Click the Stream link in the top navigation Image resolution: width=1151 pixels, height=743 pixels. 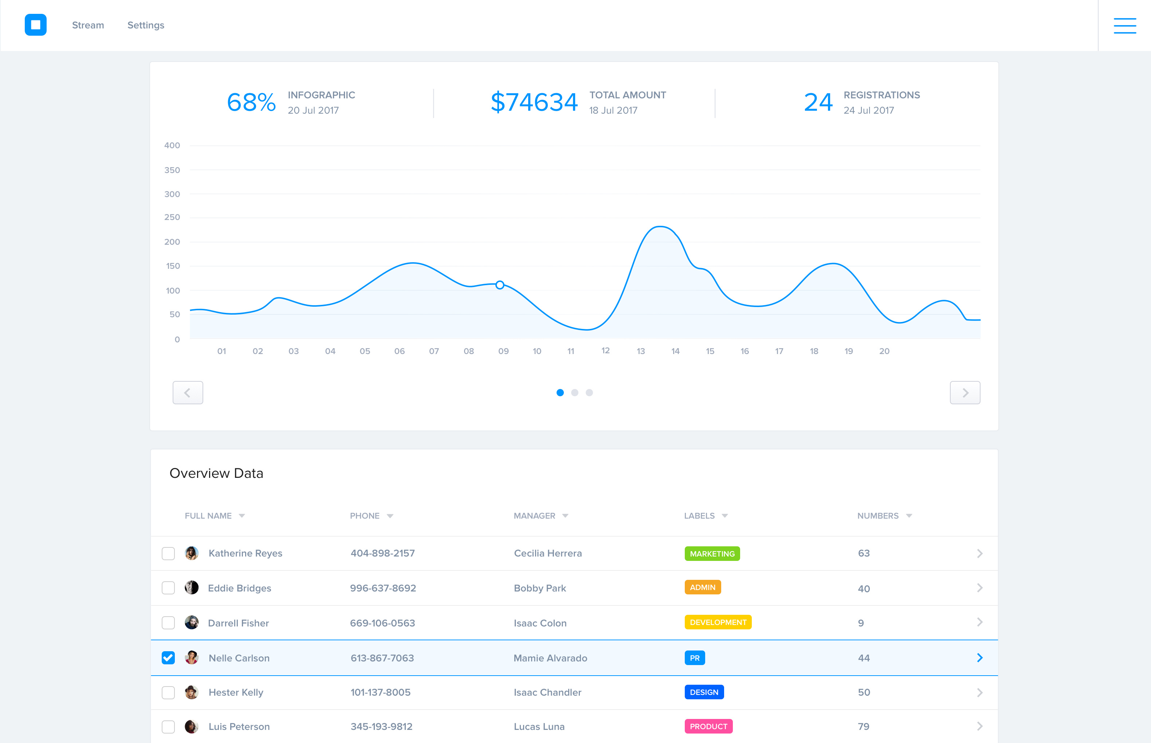click(88, 25)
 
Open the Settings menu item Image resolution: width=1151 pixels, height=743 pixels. click(146, 25)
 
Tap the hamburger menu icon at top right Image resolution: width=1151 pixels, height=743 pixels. click(1124, 25)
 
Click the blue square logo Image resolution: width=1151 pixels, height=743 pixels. click(36, 25)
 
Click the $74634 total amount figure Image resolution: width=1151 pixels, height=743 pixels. click(534, 102)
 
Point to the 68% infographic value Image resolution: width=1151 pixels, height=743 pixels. click(251, 102)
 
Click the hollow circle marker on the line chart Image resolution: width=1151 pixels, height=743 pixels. click(500, 285)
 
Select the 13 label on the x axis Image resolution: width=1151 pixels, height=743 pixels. click(641, 351)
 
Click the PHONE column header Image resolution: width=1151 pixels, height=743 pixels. click(365, 516)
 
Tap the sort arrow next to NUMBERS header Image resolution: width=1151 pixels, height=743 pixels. click(909, 516)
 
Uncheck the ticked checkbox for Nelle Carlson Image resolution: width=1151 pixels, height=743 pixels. click(168, 658)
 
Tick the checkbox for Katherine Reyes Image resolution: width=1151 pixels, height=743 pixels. click(168, 553)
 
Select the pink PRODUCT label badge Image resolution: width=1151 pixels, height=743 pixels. click(708, 726)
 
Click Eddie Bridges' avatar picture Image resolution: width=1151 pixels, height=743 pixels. click(192, 587)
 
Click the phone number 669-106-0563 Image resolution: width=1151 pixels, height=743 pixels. click(382, 623)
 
